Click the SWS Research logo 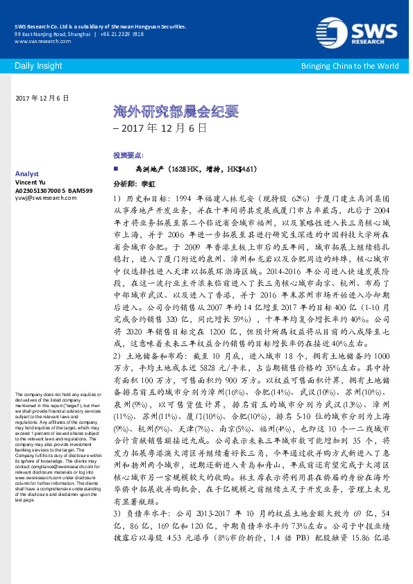point(372,31)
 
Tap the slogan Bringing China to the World point(349,66)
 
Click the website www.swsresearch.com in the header point(38,42)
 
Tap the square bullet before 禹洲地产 point(115,169)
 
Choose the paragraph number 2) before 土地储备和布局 point(117,356)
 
